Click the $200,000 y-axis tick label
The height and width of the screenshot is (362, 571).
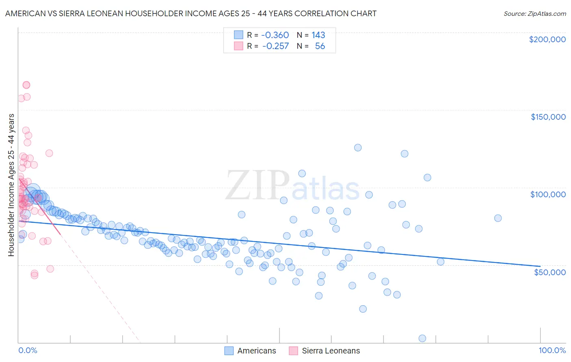click(x=547, y=39)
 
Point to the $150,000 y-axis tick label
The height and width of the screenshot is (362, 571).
click(x=548, y=117)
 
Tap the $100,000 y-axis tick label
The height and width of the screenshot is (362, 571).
click(x=548, y=194)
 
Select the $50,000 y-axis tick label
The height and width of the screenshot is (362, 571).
click(x=549, y=272)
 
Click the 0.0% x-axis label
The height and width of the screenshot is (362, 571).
click(x=28, y=351)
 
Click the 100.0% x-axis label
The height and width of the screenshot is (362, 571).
click(x=552, y=351)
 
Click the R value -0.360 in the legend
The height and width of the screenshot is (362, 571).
click(x=275, y=35)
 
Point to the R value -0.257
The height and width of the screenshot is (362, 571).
click(x=275, y=46)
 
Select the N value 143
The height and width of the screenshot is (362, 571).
click(x=318, y=35)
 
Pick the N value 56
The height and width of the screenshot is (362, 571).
click(x=320, y=46)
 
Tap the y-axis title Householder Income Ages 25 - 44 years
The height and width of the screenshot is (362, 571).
click(x=11, y=185)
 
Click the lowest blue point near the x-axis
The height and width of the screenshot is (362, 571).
click(x=422, y=338)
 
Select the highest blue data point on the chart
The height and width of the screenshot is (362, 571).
click(x=358, y=148)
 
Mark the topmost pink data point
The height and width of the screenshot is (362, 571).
click(x=26, y=85)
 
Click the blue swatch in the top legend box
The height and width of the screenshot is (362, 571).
click(x=238, y=35)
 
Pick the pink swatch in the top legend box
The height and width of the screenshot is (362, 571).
click(x=238, y=46)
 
